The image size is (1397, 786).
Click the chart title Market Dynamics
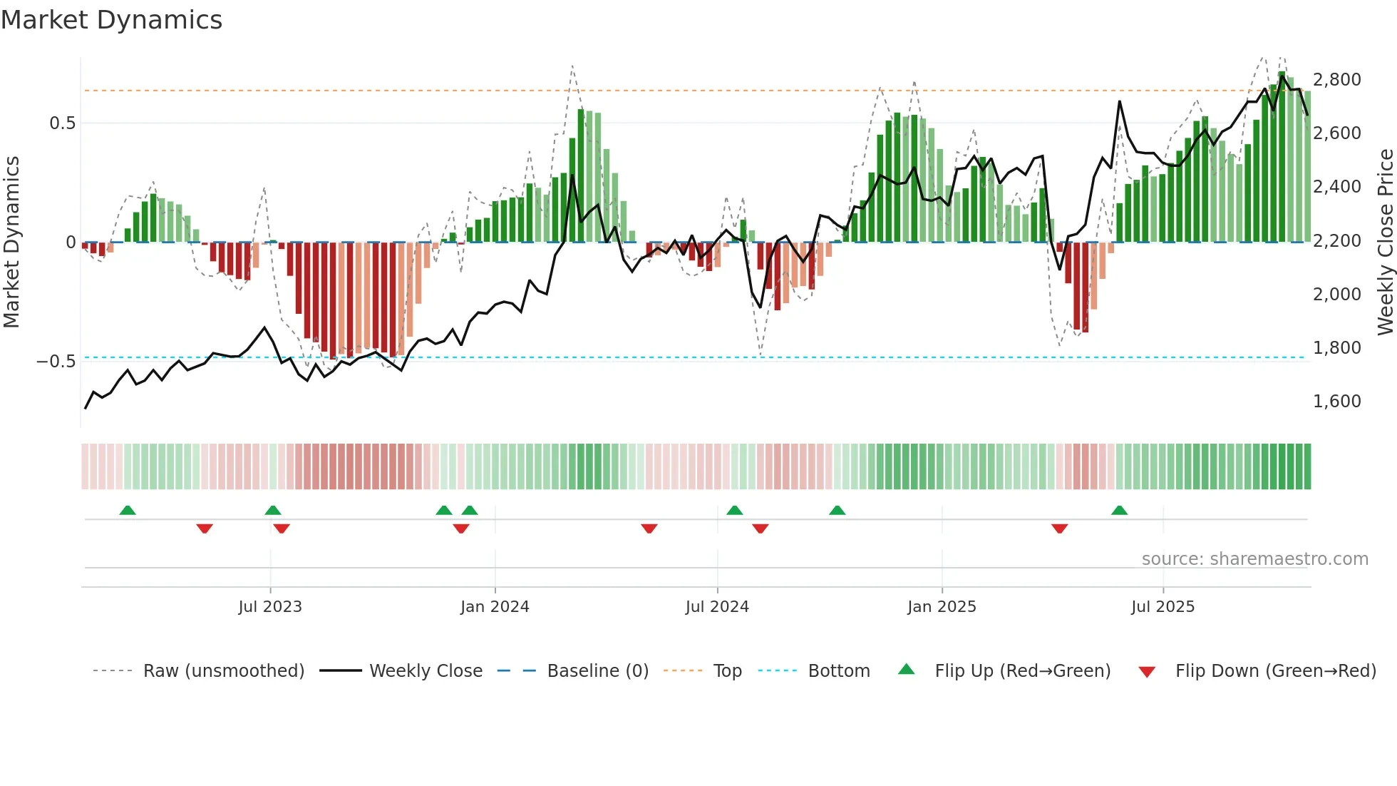[111, 20]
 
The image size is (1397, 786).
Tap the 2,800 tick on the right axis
[1336, 79]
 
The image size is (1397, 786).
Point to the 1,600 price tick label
[1336, 402]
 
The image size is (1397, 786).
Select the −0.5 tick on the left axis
[56, 362]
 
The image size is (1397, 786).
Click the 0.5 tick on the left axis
[62, 123]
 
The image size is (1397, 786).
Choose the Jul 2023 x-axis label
[270, 607]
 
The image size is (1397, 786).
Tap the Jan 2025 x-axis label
[942, 607]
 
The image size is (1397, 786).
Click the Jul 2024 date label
[717, 607]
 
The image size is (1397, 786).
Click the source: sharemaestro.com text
[1254, 559]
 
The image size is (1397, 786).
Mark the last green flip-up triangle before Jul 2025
[1119, 511]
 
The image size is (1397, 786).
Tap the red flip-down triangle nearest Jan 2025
[1059, 529]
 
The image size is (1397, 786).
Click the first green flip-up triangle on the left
[128, 511]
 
